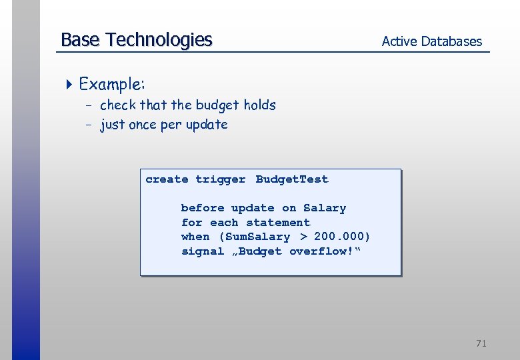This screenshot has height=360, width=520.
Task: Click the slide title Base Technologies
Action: [x=136, y=40]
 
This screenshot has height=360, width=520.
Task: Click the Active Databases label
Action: [x=431, y=41]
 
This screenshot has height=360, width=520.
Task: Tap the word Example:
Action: [x=112, y=84]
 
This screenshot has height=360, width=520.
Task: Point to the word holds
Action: [x=259, y=105]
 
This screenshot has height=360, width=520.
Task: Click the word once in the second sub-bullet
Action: [x=143, y=125]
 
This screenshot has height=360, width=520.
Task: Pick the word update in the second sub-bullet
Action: [x=207, y=125]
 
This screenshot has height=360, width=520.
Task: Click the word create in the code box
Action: [x=167, y=179]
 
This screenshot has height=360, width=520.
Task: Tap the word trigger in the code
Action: [x=220, y=179]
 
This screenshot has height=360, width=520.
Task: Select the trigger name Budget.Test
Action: [x=292, y=179]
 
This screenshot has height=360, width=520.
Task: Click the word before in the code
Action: [x=203, y=208]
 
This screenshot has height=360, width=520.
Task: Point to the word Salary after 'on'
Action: [x=325, y=208]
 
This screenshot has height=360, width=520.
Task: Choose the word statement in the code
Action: [x=278, y=223]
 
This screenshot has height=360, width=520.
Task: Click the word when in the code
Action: [x=195, y=237]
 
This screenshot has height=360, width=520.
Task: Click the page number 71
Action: [x=481, y=343]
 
